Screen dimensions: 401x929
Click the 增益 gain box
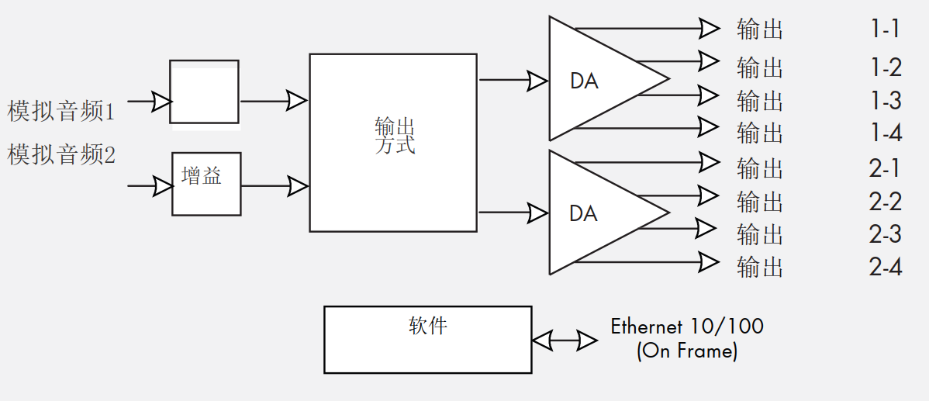205,184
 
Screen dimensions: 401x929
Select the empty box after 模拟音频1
204,92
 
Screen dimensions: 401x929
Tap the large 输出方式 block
393,142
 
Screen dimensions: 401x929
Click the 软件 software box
427,340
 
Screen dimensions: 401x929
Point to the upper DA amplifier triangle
597,78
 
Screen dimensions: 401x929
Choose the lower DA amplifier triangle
597,213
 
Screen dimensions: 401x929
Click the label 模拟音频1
61,112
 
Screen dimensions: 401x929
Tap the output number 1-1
885,29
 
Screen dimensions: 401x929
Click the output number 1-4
885,133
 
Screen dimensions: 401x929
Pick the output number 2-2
885,202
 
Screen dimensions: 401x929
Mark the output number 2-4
885,268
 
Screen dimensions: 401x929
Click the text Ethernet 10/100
687,326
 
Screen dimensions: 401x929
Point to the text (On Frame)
687,351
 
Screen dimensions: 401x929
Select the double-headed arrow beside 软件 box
564,340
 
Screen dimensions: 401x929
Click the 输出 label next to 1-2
760,67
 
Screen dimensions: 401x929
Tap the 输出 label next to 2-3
760,233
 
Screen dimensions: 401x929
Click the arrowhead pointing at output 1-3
708,95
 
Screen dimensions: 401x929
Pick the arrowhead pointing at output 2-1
708,162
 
